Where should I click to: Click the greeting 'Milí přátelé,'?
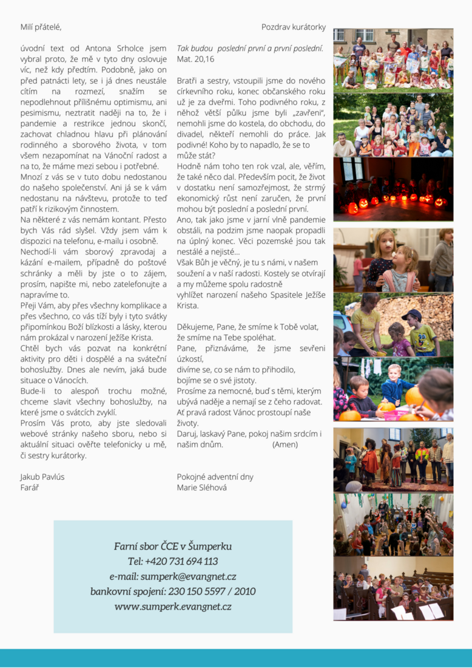point(41,27)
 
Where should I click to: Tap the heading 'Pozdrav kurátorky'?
point(293,27)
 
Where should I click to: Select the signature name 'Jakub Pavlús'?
point(42,477)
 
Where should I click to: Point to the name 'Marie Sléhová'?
point(201,488)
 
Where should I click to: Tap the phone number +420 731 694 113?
point(173,561)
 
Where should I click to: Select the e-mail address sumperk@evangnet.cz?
point(173,576)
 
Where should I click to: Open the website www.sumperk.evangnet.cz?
point(173,607)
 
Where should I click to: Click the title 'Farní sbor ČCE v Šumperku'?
point(173,546)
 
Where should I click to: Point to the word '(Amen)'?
point(285,445)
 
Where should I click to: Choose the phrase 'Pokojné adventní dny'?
point(215,477)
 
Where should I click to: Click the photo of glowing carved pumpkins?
point(393,189)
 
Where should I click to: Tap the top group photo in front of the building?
point(393,59)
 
